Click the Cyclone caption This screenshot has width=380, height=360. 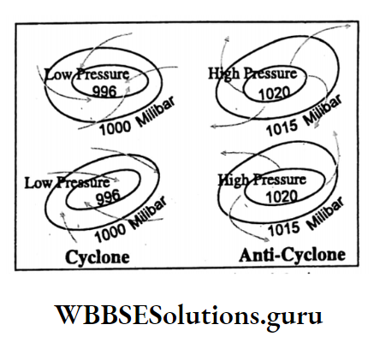(x=98, y=257)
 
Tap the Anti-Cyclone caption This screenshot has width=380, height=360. (x=292, y=255)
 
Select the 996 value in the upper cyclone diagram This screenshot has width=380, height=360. (x=104, y=91)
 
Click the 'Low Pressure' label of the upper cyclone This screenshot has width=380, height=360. (x=87, y=75)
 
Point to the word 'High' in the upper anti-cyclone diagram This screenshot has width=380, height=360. (x=223, y=74)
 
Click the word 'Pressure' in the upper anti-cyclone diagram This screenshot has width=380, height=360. (x=270, y=74)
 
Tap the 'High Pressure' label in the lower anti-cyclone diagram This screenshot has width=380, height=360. (x=262, y=180)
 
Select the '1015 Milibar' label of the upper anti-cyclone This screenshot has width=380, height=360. (x=304, y=117)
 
